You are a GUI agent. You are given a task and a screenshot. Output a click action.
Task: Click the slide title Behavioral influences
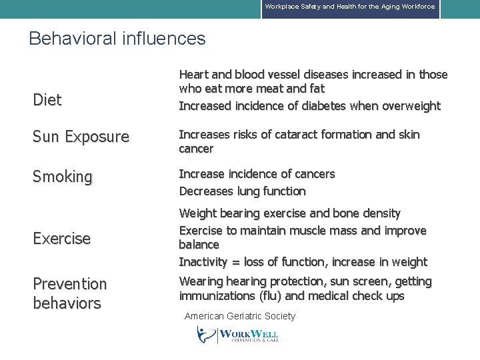point(117,39)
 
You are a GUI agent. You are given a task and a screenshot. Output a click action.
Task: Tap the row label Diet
point(47,100)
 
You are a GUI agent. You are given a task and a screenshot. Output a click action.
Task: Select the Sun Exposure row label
point(81,137)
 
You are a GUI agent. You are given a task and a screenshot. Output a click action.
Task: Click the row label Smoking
point(63,177)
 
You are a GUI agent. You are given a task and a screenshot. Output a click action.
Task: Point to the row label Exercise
point(62,238)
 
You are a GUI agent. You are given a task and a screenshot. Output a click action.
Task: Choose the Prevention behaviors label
point(70,293)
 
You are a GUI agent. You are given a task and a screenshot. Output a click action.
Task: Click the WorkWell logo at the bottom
point(238,334)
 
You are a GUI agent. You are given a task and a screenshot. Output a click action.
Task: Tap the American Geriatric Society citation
point(239,316)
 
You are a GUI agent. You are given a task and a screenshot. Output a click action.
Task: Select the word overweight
point(409,106)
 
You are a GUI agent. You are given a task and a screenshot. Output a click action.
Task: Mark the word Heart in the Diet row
point(195,75)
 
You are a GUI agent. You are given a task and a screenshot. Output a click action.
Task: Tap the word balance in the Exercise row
point(199,245)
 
